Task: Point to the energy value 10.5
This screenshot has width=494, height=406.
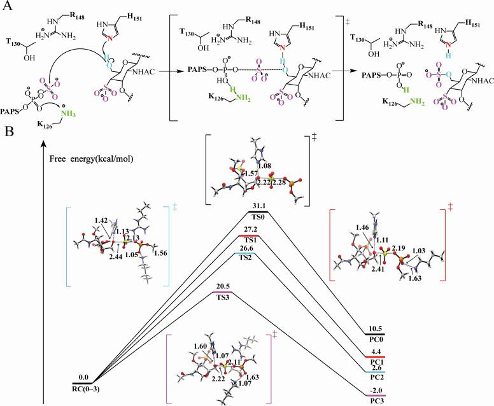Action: pyautogui.click(x=376, y=328)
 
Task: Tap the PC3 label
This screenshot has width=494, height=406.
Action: pyautogui.click(x=376, y=398)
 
